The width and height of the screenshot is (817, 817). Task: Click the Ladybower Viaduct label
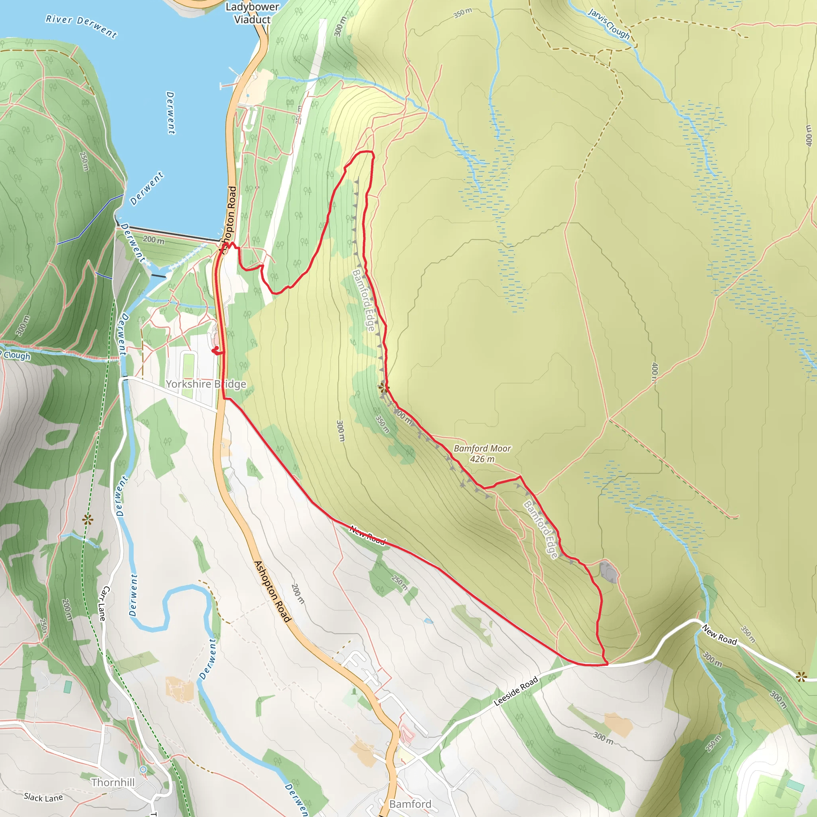(252, 13)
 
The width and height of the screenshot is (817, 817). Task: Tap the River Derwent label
(81, 26)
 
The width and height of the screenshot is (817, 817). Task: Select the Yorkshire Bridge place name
(206, 384)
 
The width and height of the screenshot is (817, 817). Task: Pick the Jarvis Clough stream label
(608, 24)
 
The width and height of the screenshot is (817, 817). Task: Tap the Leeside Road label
(516, 691)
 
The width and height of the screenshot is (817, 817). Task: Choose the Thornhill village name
(113, 782)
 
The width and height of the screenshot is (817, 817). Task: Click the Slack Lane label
(43, 797)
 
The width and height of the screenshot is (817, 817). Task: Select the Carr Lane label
(104, 604)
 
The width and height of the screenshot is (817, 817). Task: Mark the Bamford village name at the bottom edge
(410, 804)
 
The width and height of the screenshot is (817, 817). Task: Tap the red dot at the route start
(217, 348)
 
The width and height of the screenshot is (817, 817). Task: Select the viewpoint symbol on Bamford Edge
(383, 387)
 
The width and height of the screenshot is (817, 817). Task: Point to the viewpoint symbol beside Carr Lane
(87, 520)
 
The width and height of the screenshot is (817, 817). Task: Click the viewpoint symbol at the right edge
(801, 677)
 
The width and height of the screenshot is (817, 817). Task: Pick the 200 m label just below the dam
(153, 240)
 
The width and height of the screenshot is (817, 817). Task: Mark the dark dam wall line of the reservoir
(169, 233)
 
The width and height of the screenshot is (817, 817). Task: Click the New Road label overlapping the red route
(367, 535)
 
